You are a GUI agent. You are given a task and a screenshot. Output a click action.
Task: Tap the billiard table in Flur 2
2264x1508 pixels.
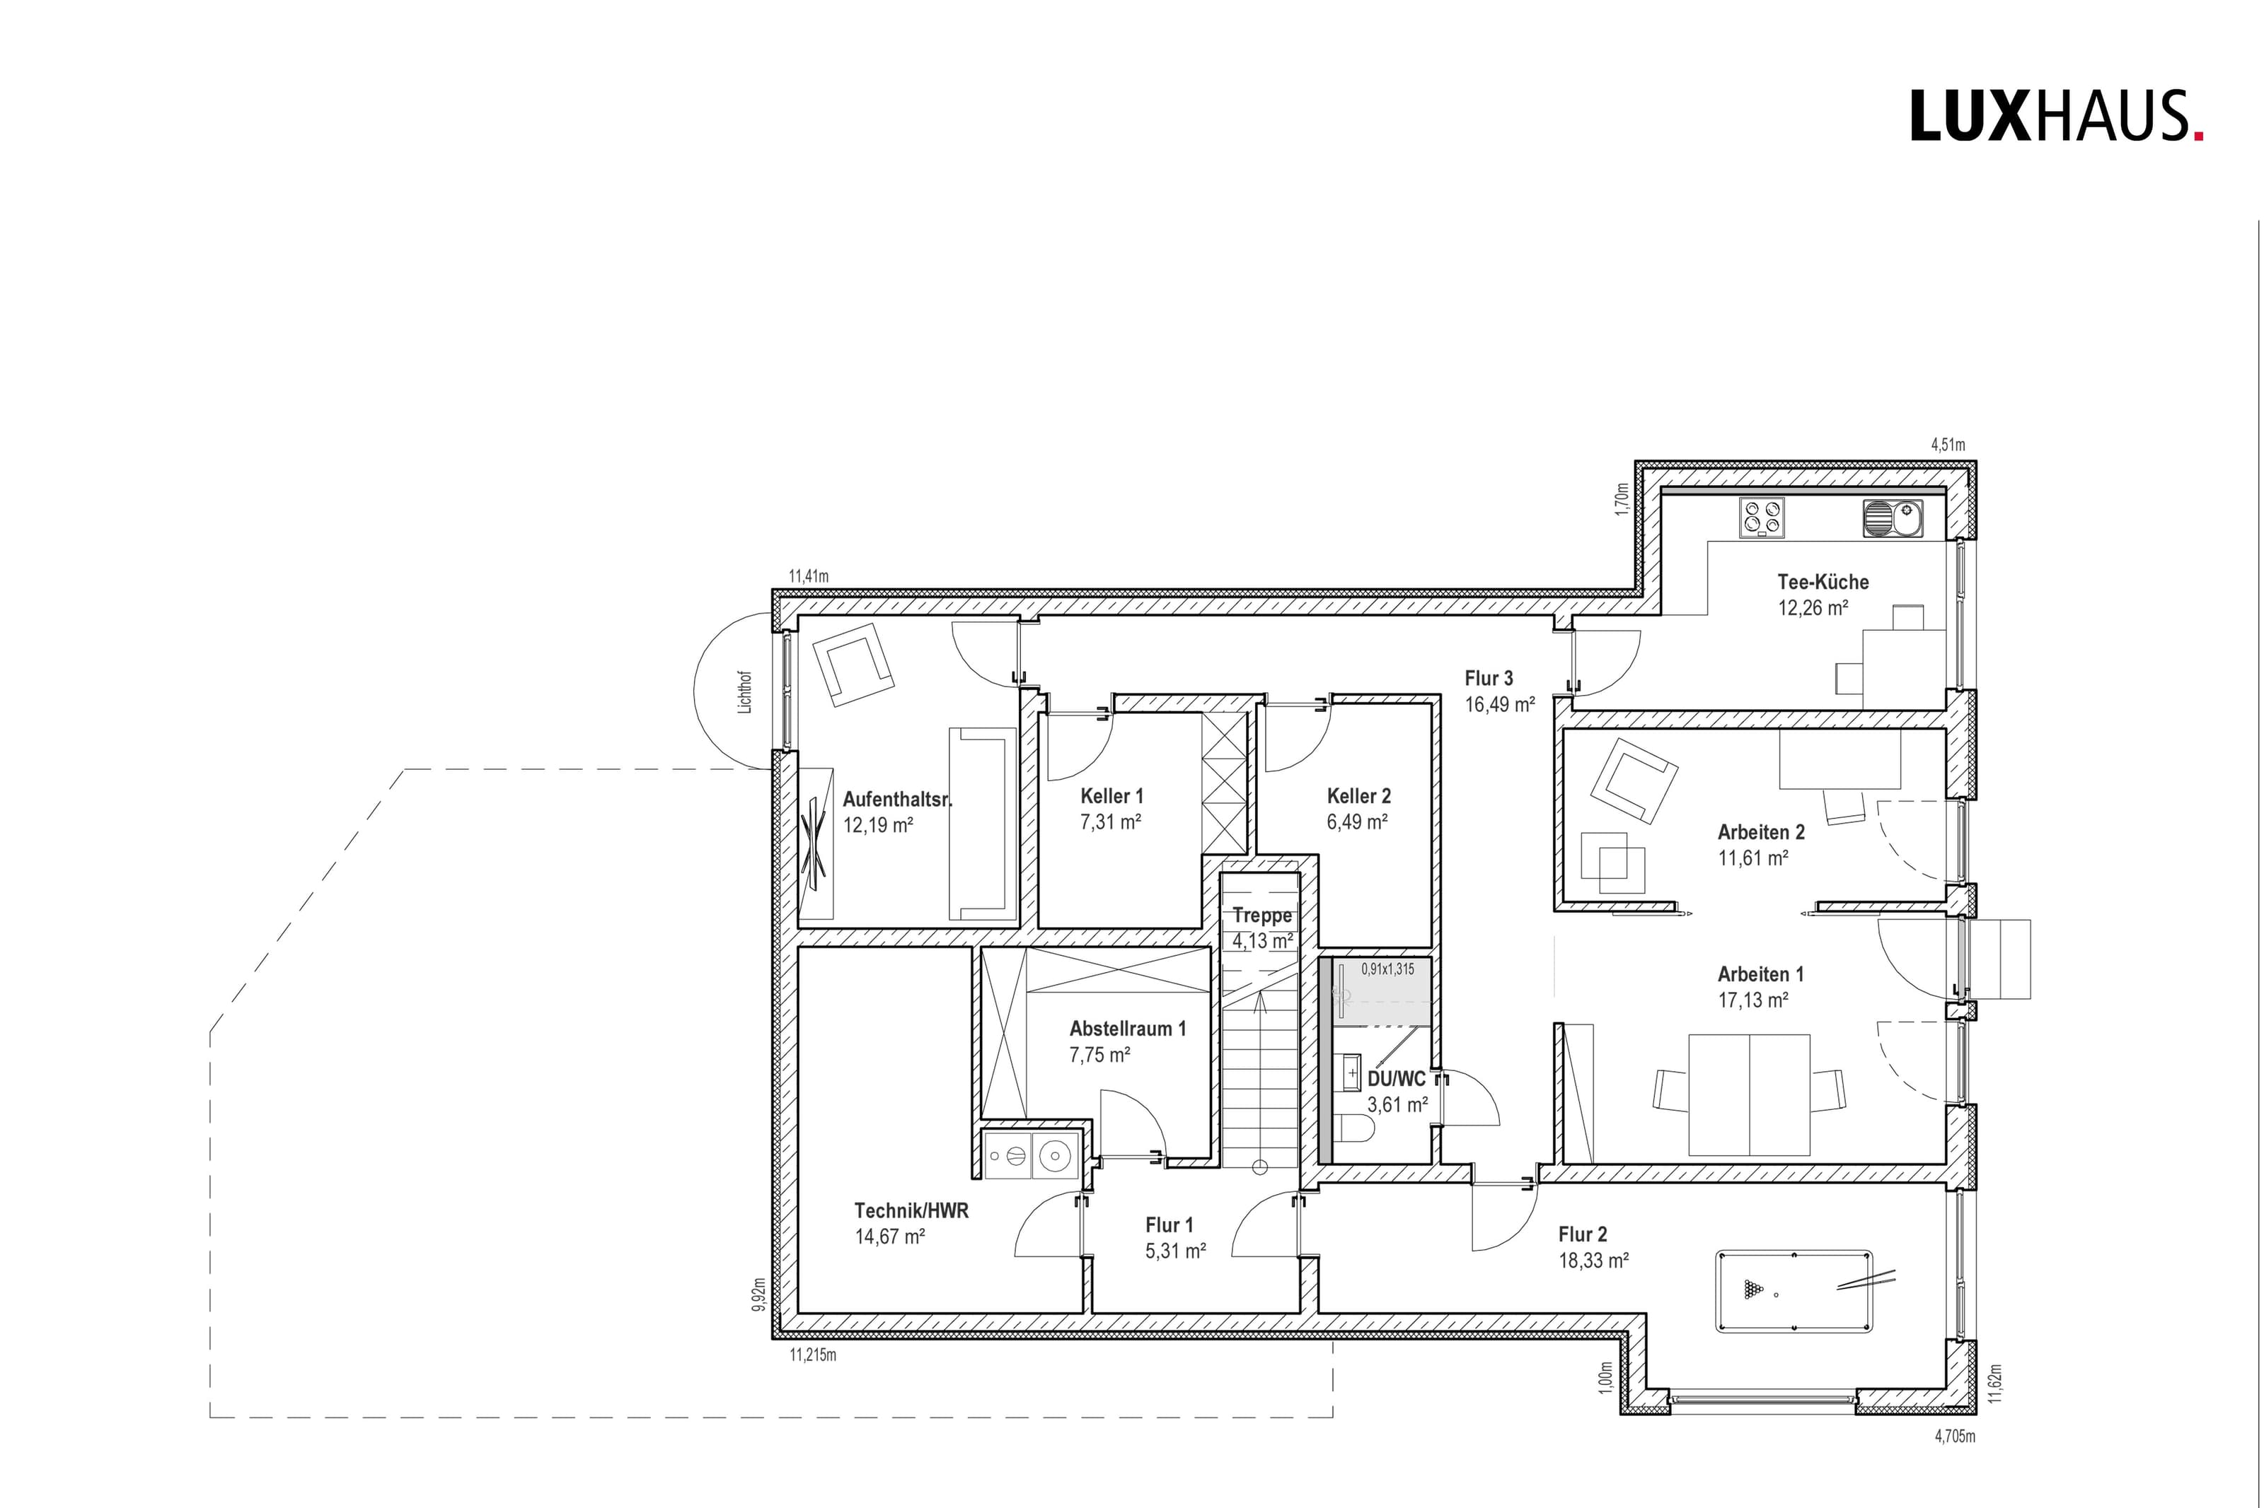pyautogui.click(x=1794, y=1291)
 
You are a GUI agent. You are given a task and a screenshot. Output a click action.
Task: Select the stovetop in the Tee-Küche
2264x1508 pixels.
pyautogui.click(x=1762, y=518)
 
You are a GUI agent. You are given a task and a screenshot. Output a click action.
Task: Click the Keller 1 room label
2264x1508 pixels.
pyautogui.click(x=1112, y=796)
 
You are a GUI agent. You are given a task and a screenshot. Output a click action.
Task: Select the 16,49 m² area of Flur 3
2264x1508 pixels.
pyautogui.click(x=1500, y=705)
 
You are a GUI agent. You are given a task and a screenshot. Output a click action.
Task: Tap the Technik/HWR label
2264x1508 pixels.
pyautogui.click(x=911, y=1211)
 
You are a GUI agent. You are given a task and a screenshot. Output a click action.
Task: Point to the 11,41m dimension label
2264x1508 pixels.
pyautogui.click(x=809, y=577)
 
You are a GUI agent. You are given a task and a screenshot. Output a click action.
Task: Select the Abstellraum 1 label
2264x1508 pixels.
pyautogui.click(x=1128, y=1028)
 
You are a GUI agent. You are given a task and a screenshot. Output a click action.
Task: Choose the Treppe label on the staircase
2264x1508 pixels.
pyautogui.click(x=1262, y=916)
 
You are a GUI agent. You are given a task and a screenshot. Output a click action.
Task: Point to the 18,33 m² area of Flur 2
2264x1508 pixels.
pyautogui.click(x=1593, y=1260)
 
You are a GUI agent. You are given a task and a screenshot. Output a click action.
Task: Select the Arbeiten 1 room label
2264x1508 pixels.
pyautogui.click(x=1761, y=974)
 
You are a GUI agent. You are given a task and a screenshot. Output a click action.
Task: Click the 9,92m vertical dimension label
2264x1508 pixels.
pyautogui.click(x=759, y=1294)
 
